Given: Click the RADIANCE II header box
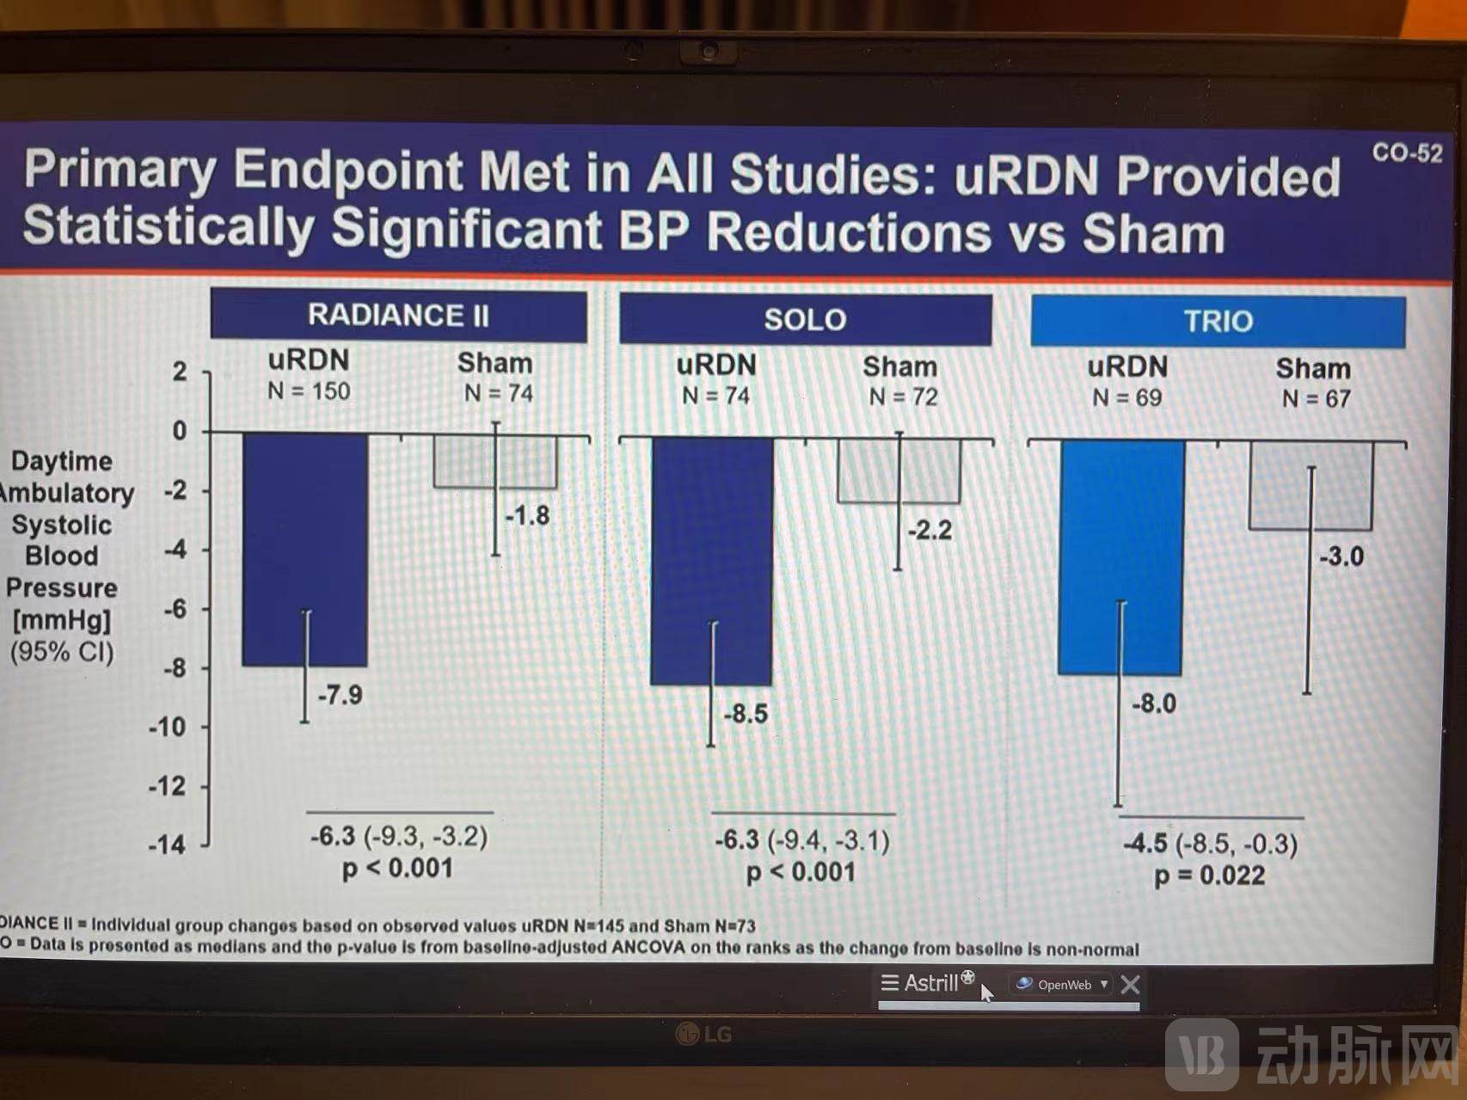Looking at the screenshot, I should tap(398, 315).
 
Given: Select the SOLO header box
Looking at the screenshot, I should tap(805, 319).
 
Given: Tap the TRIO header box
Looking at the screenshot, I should tap(1218, 322).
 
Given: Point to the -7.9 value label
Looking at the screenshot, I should tap(341, 695).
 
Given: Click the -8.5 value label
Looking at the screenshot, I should tap(746, 714).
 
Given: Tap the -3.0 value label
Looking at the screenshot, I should tap(1341, 556).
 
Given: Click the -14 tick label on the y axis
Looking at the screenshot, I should tap(167, 845).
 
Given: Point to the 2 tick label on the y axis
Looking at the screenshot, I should tap(179, 372).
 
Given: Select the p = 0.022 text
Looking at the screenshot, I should tap(1209, 876).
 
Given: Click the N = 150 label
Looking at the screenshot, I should tap(309, 391).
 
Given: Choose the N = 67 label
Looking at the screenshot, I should tap(1316, 399).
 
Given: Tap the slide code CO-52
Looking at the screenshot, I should tap(1407, 153).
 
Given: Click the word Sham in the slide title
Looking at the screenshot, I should tap(1153, 233).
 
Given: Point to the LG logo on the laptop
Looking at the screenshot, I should tap(704, 1033).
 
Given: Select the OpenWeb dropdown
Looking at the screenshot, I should tap(1064, 985).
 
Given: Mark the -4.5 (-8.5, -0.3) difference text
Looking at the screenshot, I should tap(1211, 844).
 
